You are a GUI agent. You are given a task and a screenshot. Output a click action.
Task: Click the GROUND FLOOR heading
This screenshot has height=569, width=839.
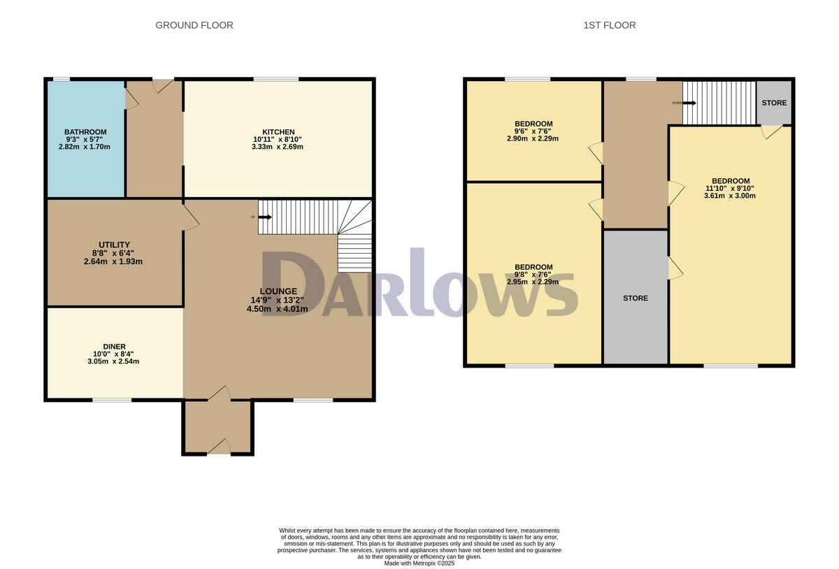point(194,25)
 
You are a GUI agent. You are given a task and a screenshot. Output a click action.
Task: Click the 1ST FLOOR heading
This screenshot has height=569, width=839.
point(610,25)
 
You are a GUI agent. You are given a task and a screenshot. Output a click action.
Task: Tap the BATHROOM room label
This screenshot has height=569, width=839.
point(85,132)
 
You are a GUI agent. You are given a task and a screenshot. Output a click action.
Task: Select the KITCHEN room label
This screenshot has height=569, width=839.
point(278,132)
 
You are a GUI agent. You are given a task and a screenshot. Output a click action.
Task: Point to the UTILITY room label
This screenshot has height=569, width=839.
point(114,245)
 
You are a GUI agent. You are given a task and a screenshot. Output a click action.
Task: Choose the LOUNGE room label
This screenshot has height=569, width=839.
point(279,291)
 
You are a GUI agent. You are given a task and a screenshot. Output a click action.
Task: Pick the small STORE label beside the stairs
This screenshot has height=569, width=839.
point(774,103)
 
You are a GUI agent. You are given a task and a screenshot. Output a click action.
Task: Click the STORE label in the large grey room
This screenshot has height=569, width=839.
point(636,298)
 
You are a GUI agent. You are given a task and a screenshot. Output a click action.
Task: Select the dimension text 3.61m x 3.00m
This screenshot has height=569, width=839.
point(730,196)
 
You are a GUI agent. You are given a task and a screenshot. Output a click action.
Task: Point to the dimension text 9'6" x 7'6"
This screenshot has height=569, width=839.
point(533,131)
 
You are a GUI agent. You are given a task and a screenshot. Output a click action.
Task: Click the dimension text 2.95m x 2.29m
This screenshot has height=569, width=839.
point(533,282)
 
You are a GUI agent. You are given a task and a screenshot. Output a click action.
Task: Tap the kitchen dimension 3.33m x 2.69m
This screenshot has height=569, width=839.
point(278,147)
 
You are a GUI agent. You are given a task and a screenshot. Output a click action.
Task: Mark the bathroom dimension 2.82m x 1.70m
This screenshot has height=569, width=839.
point(85,147)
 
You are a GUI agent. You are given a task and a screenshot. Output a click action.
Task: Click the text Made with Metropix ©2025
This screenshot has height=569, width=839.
point(419,563)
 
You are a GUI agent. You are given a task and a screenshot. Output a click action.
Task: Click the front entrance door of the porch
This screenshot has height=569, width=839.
point(218,447)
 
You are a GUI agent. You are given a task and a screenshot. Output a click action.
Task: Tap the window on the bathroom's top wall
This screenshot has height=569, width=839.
point(62,79)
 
